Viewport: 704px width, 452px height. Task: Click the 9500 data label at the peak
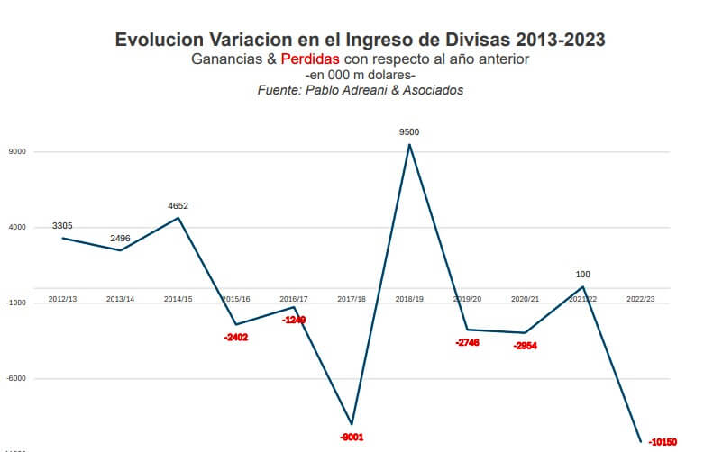[409, 132]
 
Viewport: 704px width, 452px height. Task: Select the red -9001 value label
[352, 437]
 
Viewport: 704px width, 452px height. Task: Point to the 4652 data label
[178, 206]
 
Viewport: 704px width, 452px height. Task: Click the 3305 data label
[62, 225]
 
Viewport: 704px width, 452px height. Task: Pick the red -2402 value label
[235, 338]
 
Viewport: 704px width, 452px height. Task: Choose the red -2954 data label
[525, 346]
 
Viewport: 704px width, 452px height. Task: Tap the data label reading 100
[582, 274]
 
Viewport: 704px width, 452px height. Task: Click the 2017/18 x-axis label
[352, 298]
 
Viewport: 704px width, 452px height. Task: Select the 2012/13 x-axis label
[62, 298]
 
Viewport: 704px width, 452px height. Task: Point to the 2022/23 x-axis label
[640, 298]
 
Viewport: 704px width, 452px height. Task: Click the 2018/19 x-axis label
[409, 298]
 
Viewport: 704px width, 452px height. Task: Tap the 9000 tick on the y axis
[16, 152]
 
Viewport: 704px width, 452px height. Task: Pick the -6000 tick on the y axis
[16, 379]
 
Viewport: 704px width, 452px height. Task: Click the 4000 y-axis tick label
[16, 228]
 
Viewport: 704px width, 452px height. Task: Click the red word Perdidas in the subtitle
[310, 59]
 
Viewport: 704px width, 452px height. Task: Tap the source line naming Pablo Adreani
[360, 90]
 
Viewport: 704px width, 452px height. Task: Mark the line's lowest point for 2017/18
[352, 424]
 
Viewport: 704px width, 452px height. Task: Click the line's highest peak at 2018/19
[409, 144]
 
